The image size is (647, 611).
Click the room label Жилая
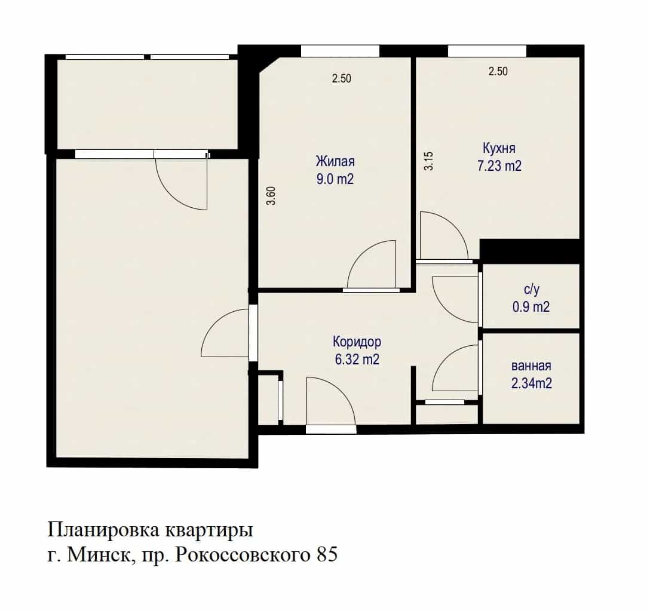pos(335,161)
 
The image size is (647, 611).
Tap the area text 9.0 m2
pos(335,179)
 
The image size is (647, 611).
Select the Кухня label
pos(499,148)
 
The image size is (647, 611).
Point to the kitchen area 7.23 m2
pos(499,166)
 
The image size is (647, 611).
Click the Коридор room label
pos(357,342)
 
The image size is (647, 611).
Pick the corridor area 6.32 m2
pos(357,360)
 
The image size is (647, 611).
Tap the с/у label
pos(532,290)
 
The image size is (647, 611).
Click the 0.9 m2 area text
pos(531,307)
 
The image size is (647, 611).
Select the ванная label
pos(531,366)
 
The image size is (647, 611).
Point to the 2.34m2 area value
pos(532,383)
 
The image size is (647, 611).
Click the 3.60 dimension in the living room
pos(271,196)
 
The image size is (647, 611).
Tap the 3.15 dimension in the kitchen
pos(429,161)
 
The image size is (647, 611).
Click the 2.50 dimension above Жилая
pos(342,78)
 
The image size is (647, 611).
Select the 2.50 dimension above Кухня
pos(498,71)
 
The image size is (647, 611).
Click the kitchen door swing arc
pos(454,225)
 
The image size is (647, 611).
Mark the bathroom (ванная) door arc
pos(445,357)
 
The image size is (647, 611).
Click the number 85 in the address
pos(327,554)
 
